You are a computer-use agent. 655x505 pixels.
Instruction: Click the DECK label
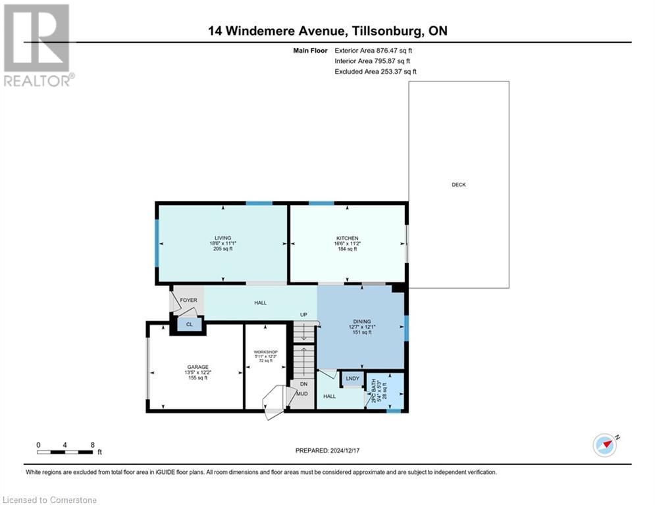(459, 185)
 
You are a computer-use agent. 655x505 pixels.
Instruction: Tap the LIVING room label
(223, 238)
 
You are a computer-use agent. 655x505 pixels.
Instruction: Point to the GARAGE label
(197, 367)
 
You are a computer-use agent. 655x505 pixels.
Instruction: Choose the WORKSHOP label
(266, 352)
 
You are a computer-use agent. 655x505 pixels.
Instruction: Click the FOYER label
(189, 301)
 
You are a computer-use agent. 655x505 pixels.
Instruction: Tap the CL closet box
(190, 324)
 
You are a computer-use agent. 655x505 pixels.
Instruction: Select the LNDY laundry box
(353, 378)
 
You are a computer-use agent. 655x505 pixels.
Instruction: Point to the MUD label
(302, 394)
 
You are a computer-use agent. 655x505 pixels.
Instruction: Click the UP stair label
(303, 315)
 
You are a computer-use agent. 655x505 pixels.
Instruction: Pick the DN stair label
(303, 384)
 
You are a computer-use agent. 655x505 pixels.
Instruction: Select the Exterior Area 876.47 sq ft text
(374, 50)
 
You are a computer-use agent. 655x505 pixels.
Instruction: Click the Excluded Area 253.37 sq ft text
(375, 72)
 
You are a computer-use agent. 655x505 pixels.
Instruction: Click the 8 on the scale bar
(93, 445)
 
